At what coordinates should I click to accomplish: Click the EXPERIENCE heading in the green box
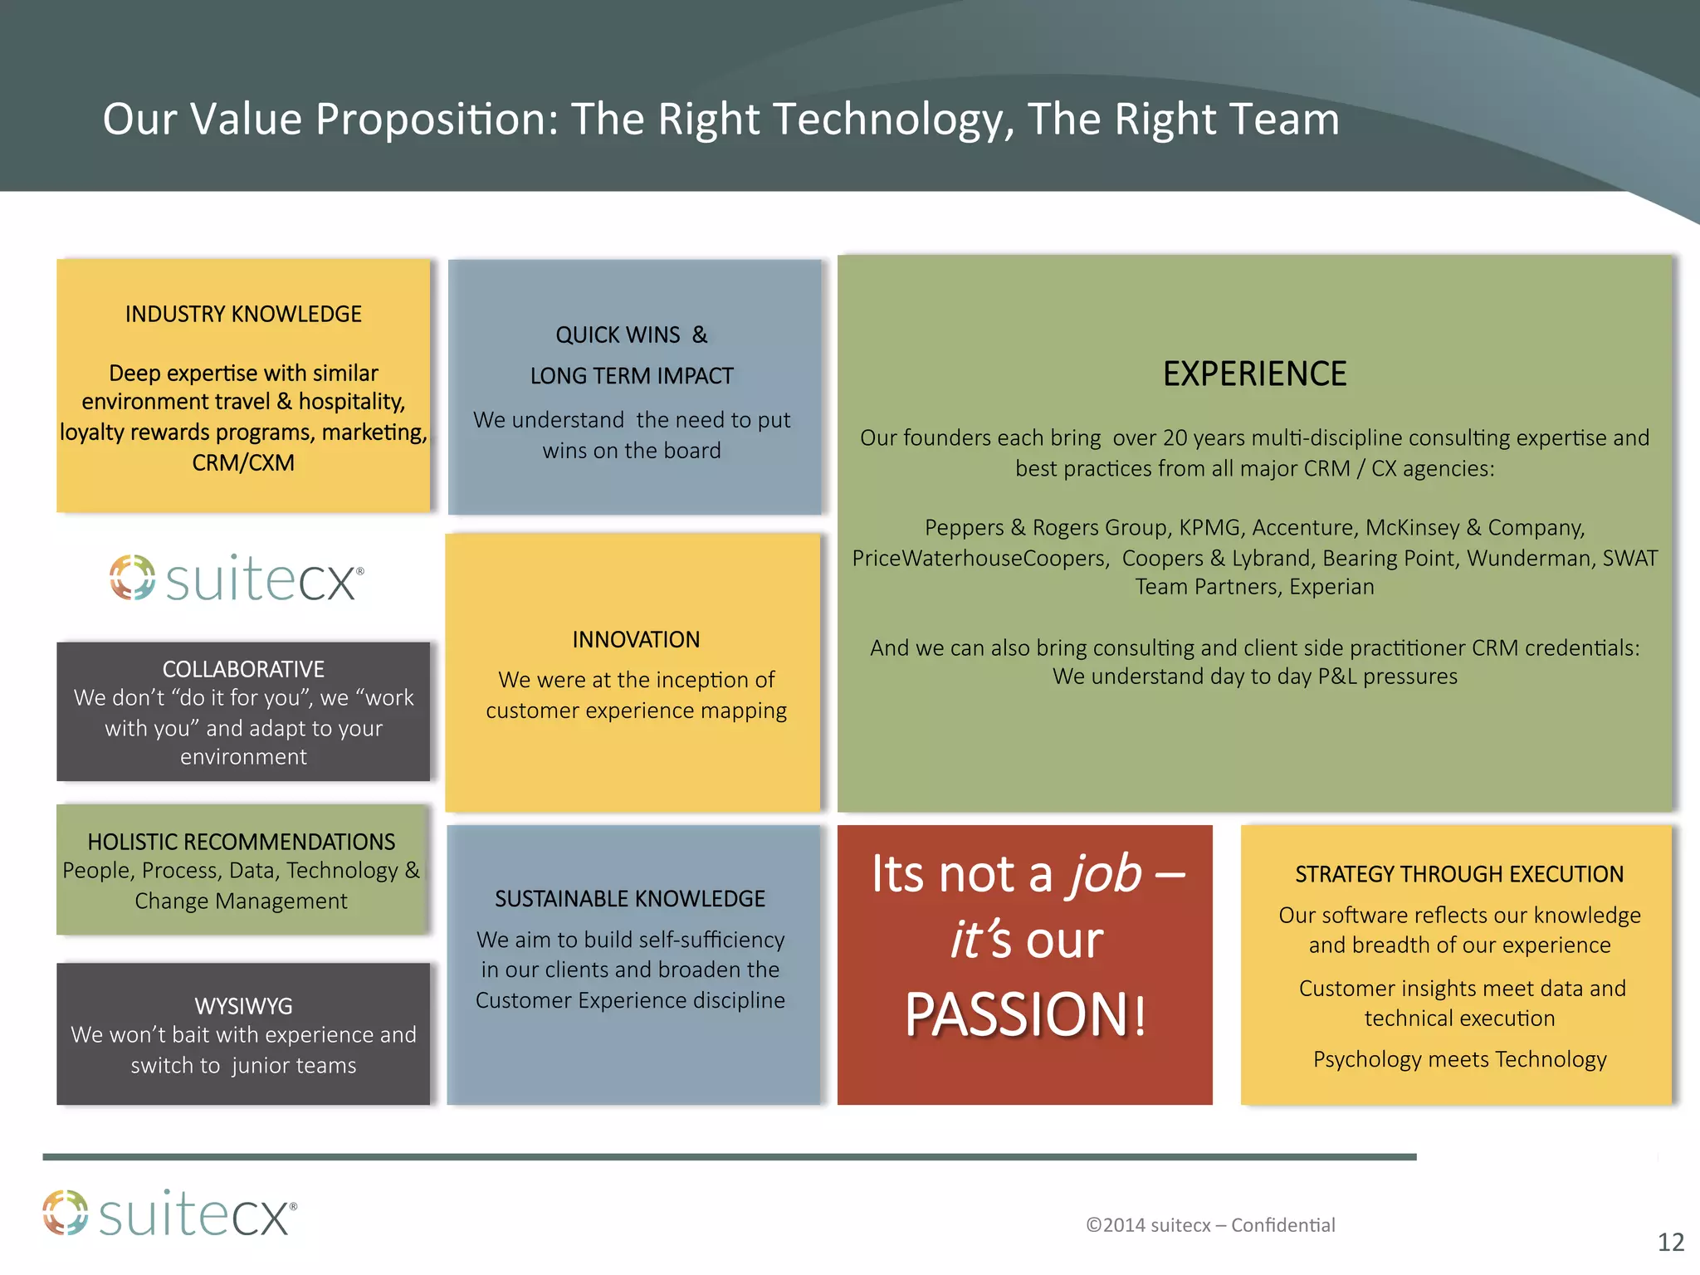pos(1254,374)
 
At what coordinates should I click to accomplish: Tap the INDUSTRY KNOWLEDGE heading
pos(243,315)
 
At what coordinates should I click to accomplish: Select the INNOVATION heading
pos(636,640)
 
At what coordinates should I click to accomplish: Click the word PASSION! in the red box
pos(1025,1014)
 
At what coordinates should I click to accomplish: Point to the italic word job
pos(1105,874)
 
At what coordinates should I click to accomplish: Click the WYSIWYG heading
pos(243,1006)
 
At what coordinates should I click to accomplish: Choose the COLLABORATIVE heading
pos(243,669)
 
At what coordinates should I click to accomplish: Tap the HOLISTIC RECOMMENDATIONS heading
pos(242,842)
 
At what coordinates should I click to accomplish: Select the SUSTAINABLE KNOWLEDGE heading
pos(630,899)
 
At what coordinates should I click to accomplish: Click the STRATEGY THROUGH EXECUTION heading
pos(1459,874)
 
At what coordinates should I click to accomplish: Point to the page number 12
pos(1670,1243)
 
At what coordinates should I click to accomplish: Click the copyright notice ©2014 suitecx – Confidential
pos(1210,1225)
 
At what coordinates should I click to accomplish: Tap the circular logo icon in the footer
pos(66,1213)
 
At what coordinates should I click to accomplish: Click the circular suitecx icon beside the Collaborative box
pos(133,577)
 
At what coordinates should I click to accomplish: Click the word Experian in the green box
pos(1331,587)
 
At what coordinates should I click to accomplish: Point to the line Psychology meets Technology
pos(1459,1060)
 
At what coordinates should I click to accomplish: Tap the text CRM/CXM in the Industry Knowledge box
pos(243,463)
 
